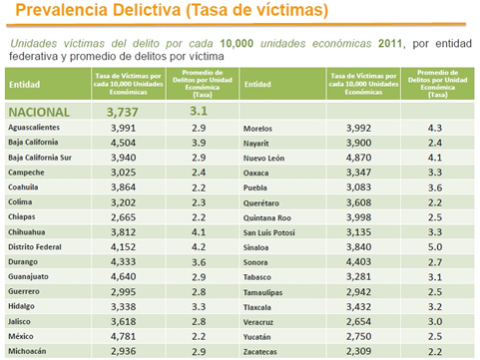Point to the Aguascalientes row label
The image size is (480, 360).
point(36,129)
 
